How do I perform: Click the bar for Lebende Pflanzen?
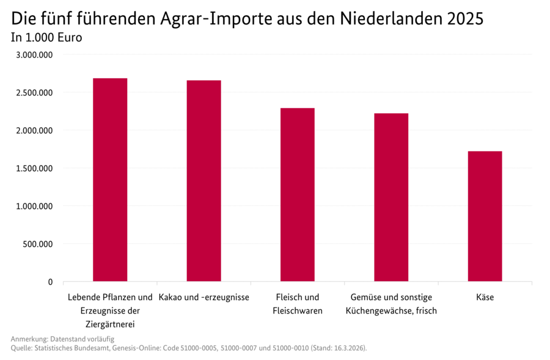click(x=110, y=180)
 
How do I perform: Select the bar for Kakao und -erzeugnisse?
click(x=204, y=181)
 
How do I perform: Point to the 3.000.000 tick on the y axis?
click(x=34, y=55)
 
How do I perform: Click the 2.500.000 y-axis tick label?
click(x=34, y=93)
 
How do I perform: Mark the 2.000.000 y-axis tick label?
click(x=34, y=131)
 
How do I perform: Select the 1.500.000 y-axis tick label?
click(x=34, y=169)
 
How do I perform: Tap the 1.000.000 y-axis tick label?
click(x=34, y=207)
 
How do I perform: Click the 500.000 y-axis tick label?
click(x=38, y=244)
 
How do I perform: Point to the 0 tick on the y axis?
click(x=50, y=282)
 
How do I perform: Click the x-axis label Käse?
click(x=485, y=298)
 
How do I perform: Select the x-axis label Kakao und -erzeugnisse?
click(x=204, y=298)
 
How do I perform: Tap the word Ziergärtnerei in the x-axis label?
click(x=110, y=324)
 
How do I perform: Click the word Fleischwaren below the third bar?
click(x=298, y=310)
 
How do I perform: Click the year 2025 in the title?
click(x=464, y=19)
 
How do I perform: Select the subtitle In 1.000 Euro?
click(x=46, y=37)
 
